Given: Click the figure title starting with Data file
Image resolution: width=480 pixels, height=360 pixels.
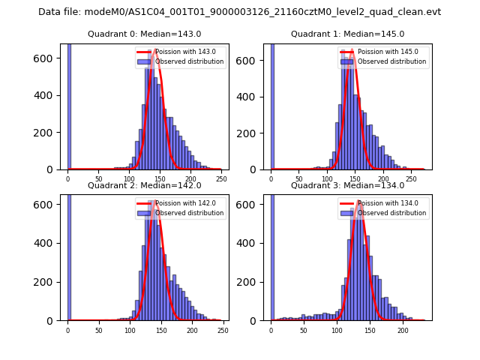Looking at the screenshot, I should tap(239, 12).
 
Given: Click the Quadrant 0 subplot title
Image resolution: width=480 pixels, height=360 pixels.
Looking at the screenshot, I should tap(144, 34).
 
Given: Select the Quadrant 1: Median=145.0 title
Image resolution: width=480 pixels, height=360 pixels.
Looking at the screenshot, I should tap(347, 34).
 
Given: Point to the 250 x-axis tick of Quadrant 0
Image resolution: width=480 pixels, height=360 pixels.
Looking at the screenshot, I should tap(221, 179).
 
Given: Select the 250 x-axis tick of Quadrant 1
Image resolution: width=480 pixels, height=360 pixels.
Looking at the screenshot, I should tap(411, 179).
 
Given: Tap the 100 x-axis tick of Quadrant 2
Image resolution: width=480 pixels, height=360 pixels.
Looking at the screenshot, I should tap(130, 330).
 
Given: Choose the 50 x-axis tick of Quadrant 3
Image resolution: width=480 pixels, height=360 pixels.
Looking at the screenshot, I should tap(304, 330).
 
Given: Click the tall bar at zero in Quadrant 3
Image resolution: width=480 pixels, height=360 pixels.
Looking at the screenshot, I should tap(272, 255).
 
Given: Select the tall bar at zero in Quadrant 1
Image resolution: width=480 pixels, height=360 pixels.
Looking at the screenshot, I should tap(272, 105).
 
